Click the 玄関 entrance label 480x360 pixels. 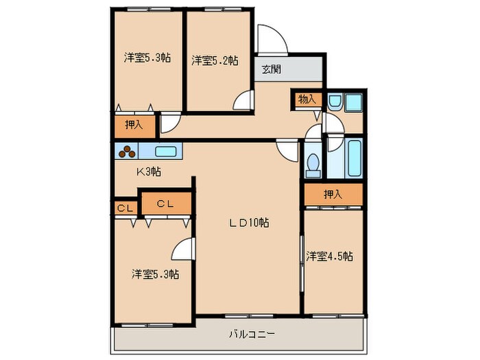(x=272, y=69)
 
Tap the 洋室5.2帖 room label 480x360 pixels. (x=215, y=60)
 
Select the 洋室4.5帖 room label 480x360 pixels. (x=329, y=256)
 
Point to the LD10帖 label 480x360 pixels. (x=249, y=223)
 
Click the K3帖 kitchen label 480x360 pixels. (x=149, y=171)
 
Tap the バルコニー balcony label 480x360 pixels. (x=252, y=334)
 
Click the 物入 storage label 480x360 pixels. (x=307, y=99)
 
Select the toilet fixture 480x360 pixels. (x=313, y=165)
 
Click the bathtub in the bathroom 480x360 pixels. (x=355, y=158)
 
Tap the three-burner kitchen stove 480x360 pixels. (x=127, y=151)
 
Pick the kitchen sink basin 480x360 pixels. (x=166, y=152)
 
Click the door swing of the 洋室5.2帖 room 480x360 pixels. (x=243, y=100)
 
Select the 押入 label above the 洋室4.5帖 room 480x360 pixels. (x=333, y=194)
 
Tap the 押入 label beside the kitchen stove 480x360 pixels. (x=134, y=125)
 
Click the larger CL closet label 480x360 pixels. (x=165, y=204)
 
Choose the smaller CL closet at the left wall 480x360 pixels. (x=125, y=208)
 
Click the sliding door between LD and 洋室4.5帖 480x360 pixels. (x=301, y=263)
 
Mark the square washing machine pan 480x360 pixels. (x=354, y=102)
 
